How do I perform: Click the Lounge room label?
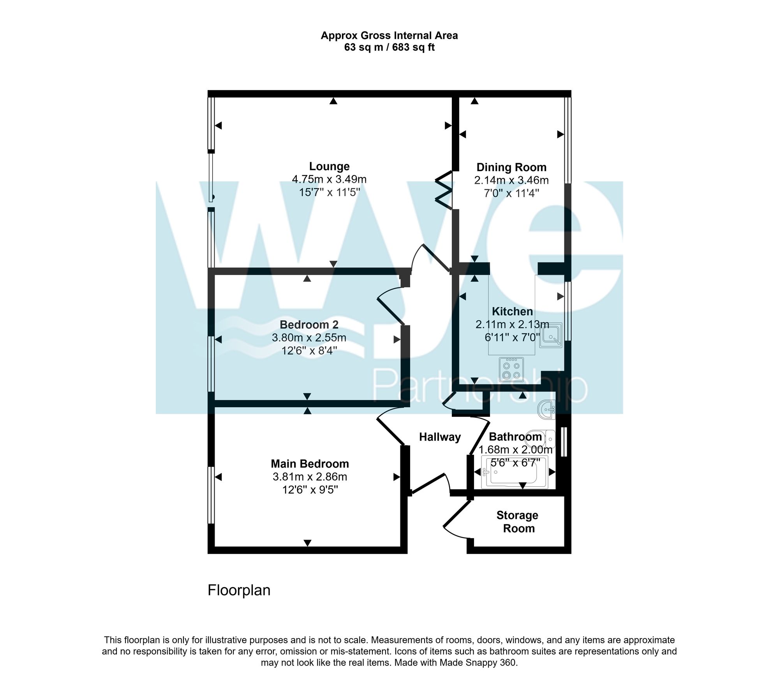pyautogui.click(x=329, y=166)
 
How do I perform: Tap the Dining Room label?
pyautogui.click(x=511, y=167)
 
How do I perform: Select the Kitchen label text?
pyautogui.click(x=512, y=311)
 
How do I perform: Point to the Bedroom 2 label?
pyautogui.click(x=309, y=325)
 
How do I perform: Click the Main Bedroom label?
pyautogui.click(x=310, y=464)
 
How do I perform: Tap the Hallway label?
pyautogui.click(x=440, y=437)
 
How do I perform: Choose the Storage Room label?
pyautogui.click(x=518, y=522)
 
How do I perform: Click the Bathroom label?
pyautogui.click(x=515, y=437)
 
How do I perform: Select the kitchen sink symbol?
pyautogui.click(x=551, y=335)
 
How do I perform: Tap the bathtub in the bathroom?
pyautogui.click(x=515, y=472)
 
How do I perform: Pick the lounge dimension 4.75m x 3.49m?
pyautogui.click(x=329, y=180)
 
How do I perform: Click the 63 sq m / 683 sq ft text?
pyautogui.click(x=389, y=48)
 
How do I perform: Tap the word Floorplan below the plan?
pyautogui.click(x=239, y=590)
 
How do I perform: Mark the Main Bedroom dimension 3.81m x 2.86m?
pyautogui.click(x=310, y=477)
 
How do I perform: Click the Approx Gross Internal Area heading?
pyautogui.click(x=389, y=36)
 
